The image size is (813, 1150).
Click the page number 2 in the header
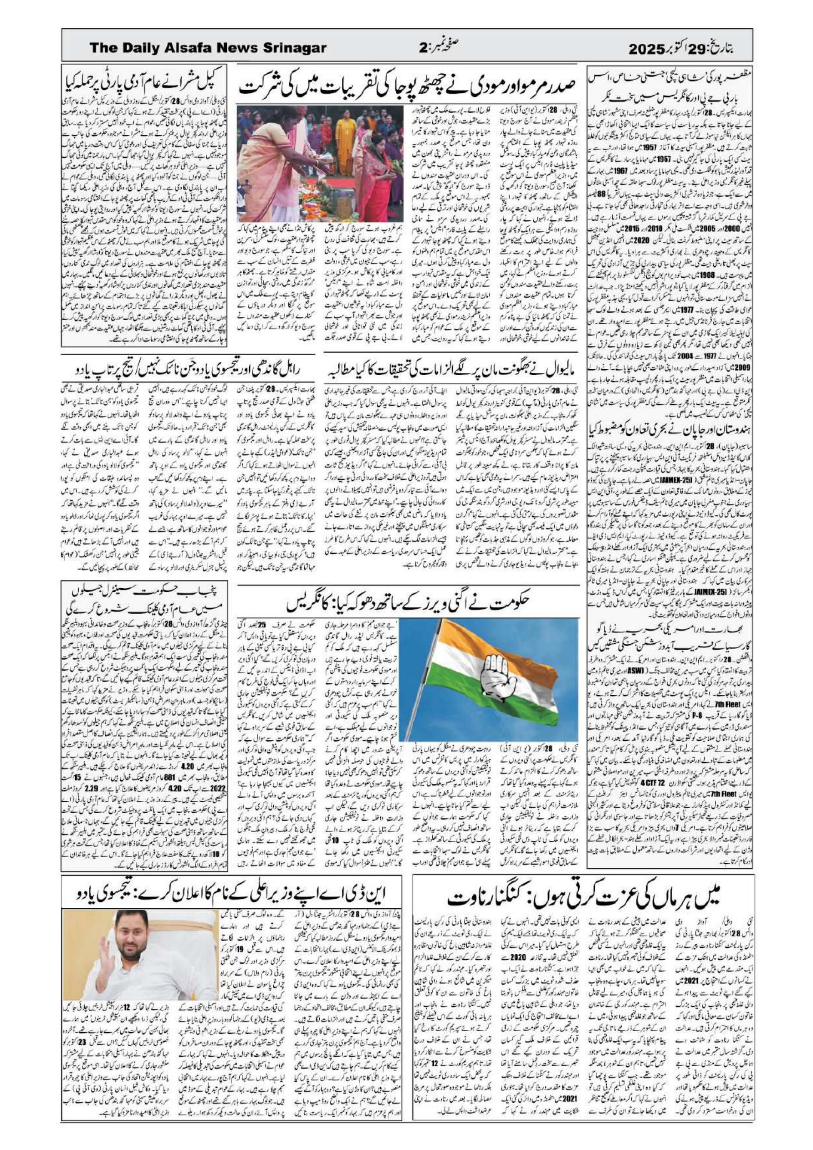click(x=422, y=48)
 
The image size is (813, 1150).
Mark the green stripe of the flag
click(x=466, y=701)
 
